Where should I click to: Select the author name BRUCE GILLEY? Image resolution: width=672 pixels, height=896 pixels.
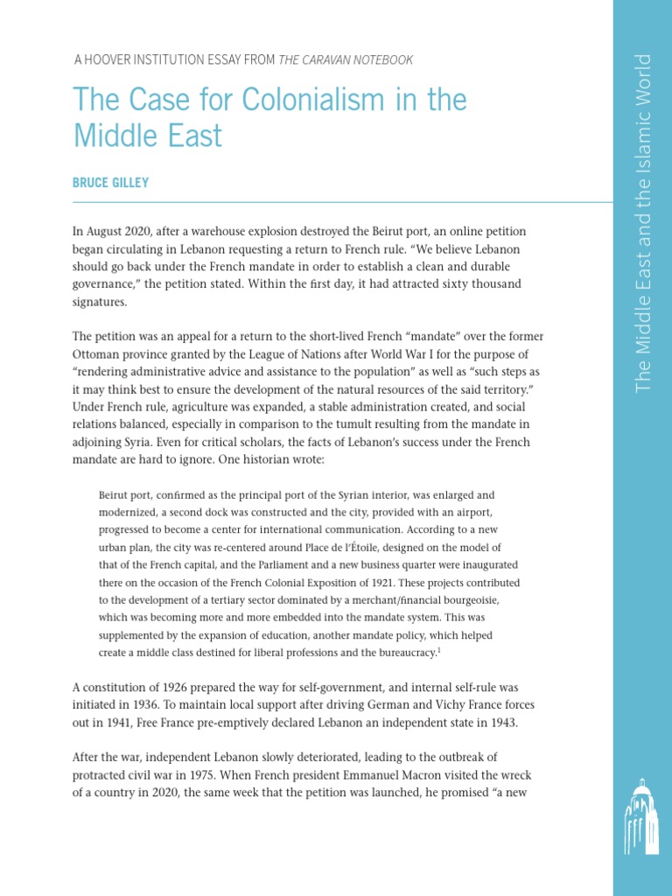tap(111, 183)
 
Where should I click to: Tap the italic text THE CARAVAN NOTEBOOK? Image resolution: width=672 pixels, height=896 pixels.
tap(346, 59)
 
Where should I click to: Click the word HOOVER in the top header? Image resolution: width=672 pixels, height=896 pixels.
tap(118, 59)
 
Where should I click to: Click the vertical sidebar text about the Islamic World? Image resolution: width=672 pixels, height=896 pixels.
tap(644, 223)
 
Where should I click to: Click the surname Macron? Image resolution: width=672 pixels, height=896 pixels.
tap(462, 776)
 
